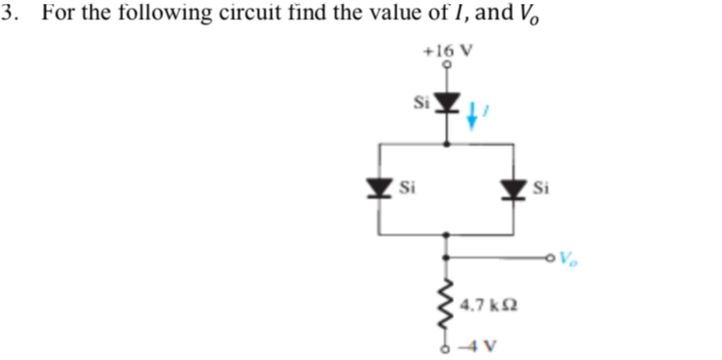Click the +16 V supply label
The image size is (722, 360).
pyautogui.click(x=448, y=51)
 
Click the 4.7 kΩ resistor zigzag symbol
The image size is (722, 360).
pyautogui.click(x=447, y=306)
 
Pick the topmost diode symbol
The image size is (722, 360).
pyautogui.click(x=447, y=102)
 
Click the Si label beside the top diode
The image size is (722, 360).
pyautogui.click(x=421, y=102)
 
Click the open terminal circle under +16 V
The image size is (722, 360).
pyautogui.click(x=447, y=65)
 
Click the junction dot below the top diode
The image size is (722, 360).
pyautogui.click(x=447, y=145)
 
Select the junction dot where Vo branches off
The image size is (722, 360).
pyautogui.click(x=447, y=258)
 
